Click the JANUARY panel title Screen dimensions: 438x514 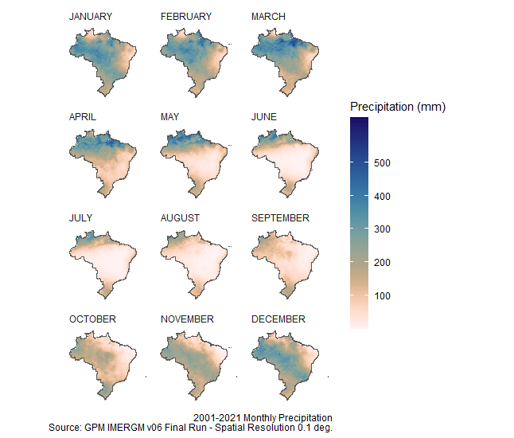click(91, 17)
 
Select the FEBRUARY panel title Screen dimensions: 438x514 click(186, 17)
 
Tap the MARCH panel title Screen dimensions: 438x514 click(268, 17)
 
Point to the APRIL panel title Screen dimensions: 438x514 click(83, 117)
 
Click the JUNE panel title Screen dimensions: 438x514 click(264, 117)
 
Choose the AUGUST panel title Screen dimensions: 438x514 click(181, 218)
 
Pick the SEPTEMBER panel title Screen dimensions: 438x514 click(280, 218)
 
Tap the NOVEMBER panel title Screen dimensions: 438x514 click(187, 319)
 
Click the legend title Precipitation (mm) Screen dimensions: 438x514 click(397, 107)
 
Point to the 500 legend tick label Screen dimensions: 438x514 click(381, 163)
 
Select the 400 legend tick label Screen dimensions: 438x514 click(381, 197)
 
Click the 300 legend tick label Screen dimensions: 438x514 click(381, 229)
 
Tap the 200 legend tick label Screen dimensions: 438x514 click(381, 263)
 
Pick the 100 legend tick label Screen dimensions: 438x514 click(381, 296)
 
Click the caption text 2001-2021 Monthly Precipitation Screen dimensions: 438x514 click(263, 418)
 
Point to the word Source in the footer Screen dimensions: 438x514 click(64, 428)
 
